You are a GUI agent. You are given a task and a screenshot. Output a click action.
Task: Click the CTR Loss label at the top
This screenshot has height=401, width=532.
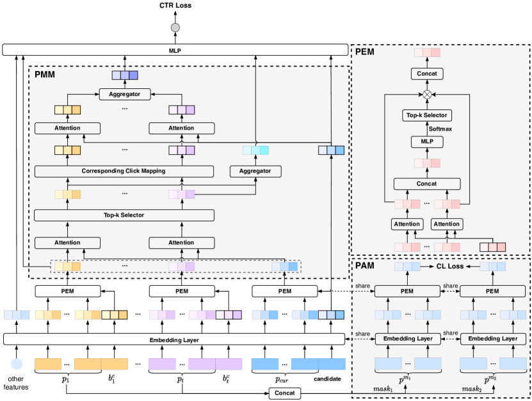(x=174, y=6)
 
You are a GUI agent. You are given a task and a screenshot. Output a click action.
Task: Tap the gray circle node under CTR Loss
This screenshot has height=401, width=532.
(x=174, y=28)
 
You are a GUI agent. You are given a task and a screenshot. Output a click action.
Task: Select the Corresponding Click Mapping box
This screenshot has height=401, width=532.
(x=124, y=171)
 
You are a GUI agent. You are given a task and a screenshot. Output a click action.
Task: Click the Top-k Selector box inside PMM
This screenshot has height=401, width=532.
(x=124, y=215)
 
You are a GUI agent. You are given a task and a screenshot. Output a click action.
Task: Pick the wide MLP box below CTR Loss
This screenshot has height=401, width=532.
(x=174, y=49)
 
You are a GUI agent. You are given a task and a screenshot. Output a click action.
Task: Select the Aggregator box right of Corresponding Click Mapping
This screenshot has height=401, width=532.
(x=255, y=171)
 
